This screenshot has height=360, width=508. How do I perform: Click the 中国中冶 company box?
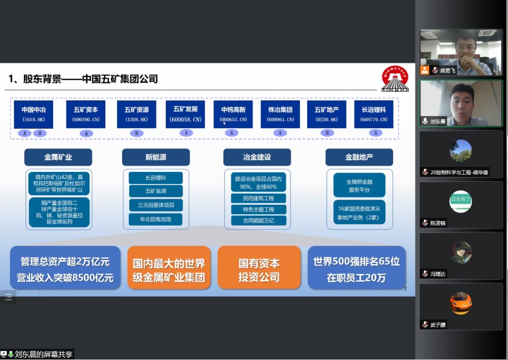click(x=34, y=114)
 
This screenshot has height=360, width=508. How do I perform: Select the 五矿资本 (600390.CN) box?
click(x=85, y=114)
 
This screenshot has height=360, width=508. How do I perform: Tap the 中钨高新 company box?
click(x=233, y=114)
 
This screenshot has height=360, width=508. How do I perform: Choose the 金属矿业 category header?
click(x=58, y=158)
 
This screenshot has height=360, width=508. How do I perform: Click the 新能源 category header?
click(x=156, y=158)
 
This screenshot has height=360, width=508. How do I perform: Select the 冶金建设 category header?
click(x=257, y=158)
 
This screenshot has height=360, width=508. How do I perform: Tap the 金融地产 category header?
click(x=359, y=158)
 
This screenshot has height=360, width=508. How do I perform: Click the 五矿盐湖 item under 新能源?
click(x=156, y=191)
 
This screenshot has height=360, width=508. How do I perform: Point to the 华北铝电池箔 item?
click(x=156, y=219)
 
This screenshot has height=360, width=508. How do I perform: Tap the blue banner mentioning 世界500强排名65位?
click(x=356, y=269)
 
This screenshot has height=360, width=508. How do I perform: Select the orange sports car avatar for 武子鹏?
click(x=460, y=304)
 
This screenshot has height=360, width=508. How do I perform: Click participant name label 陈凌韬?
click(x=438, y=223)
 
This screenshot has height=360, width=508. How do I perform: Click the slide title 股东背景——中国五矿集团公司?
click(x=83, y=79)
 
